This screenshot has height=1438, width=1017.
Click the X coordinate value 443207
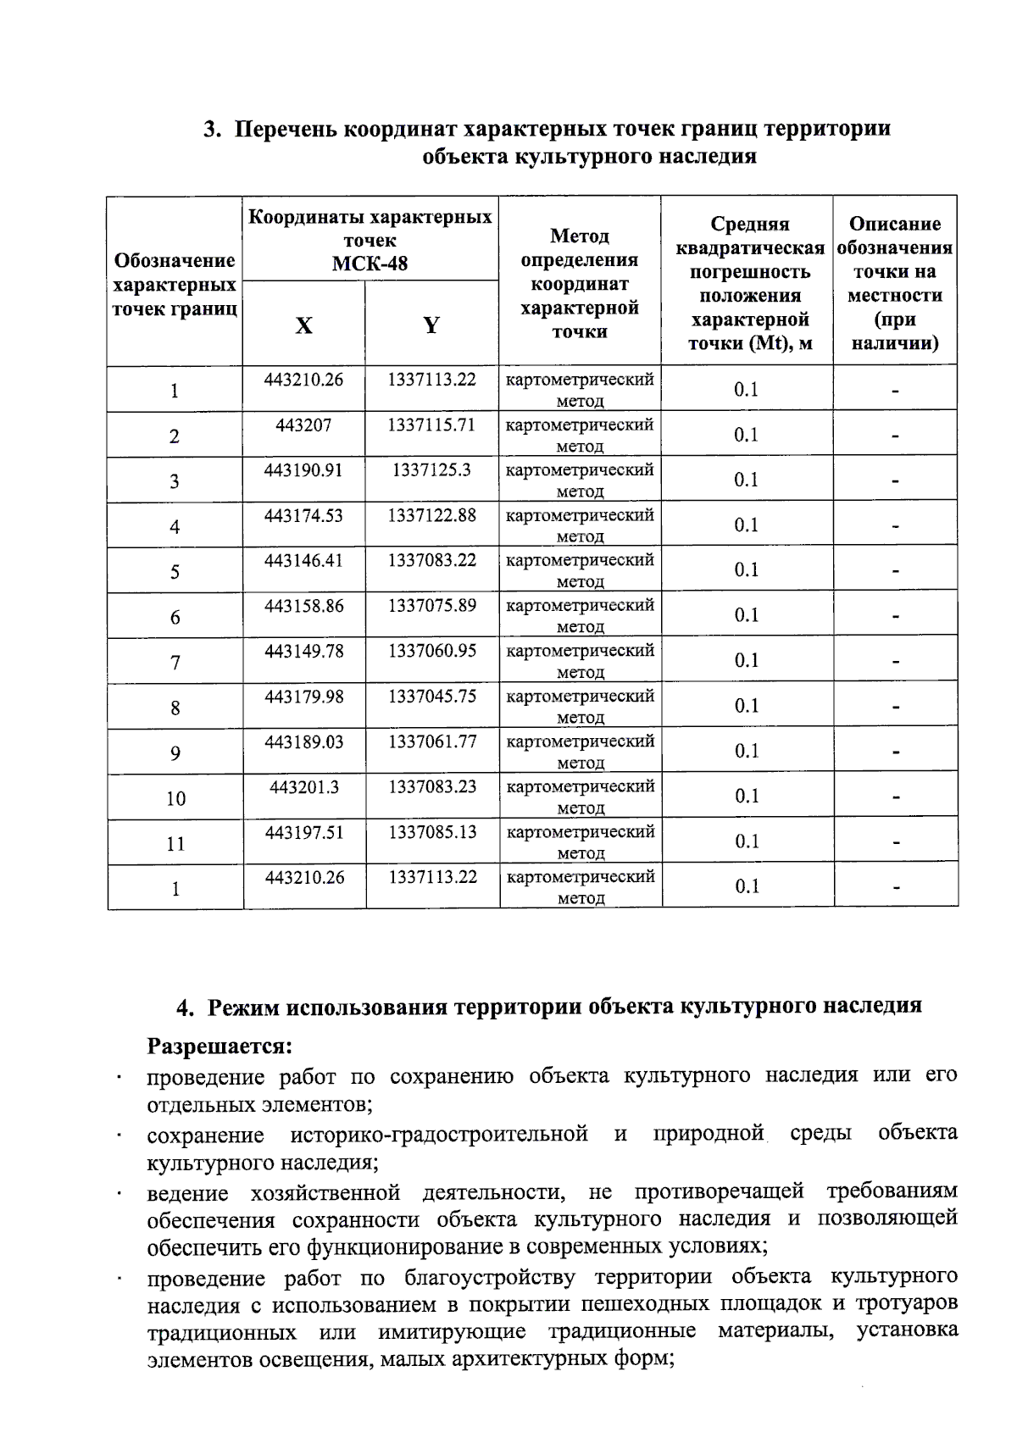[x=303, y=425]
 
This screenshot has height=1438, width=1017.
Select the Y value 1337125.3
[x=431, y=469]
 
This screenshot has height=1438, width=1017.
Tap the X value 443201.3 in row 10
[x=304, y=786]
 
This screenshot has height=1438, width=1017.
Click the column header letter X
[x=303, y=325]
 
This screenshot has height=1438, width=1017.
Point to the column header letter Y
[x=431, y=325]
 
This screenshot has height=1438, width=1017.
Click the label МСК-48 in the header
[x=370, y=264]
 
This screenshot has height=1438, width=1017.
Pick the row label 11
[x=175, y=843]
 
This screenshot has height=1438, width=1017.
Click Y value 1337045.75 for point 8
[x=432, y=696]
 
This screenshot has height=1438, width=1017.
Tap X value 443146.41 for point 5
[x=303, y=560]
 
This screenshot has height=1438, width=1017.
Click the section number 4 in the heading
[x=182, y=1007]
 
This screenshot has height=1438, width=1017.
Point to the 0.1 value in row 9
[x=746, y=751]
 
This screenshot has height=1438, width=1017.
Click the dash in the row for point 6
[x=895, y=617]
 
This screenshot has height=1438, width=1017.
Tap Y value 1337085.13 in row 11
[x=432, y=832]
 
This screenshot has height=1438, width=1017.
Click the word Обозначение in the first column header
[x=174, y=260]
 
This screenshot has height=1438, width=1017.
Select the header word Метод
[x=579, y=236]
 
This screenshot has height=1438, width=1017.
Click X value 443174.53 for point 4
[x=303, y=515]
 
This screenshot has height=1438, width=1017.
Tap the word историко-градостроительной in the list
[x=439, y=1134]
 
